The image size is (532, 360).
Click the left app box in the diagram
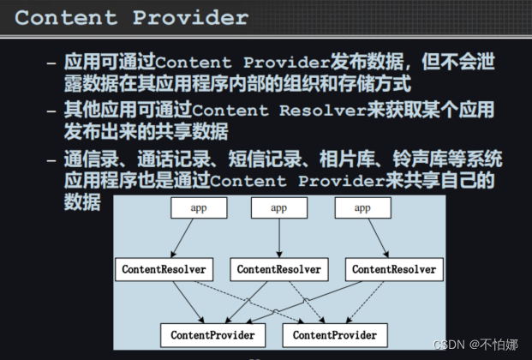[198, 207]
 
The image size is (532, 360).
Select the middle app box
[279, 207]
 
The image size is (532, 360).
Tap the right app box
[362, 207]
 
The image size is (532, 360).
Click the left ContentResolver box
[164, 269]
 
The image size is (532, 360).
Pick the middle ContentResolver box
[279, 269]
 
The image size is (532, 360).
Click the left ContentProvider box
[212, 334]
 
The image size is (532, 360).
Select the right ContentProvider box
[334, 334]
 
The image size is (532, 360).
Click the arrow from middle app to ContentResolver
[279, 238]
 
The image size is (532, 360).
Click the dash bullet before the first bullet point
[52, 63]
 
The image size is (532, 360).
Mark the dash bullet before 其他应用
[52, 111]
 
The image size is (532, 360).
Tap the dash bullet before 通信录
[52, 159]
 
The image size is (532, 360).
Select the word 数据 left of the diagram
[82, 202]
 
